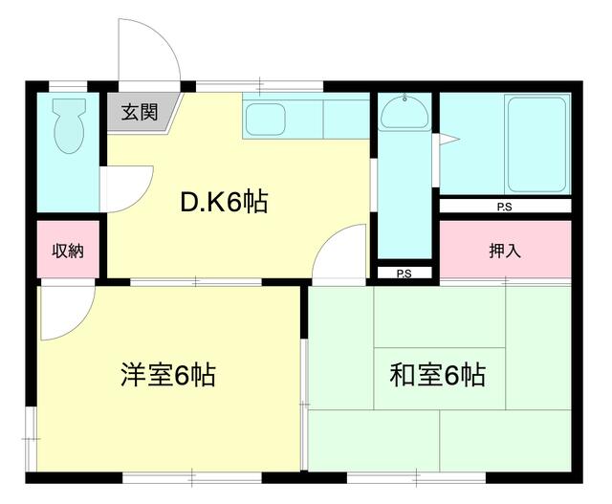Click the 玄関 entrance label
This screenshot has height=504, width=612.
tap(139, 113)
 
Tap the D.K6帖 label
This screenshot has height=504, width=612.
tap(224, 203)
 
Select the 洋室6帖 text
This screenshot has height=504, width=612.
tap(167, 374)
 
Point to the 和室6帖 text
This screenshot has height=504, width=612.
tap(437, 374)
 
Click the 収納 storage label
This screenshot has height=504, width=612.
tap(68, 252)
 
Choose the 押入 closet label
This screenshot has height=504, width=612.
tap(504, 252)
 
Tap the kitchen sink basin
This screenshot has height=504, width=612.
tap(266, 121)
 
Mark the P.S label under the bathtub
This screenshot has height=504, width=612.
tap(503, 207)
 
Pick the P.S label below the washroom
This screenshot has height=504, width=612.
tap(404, 274)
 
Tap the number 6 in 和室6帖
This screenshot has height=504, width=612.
tap(450, 375)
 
